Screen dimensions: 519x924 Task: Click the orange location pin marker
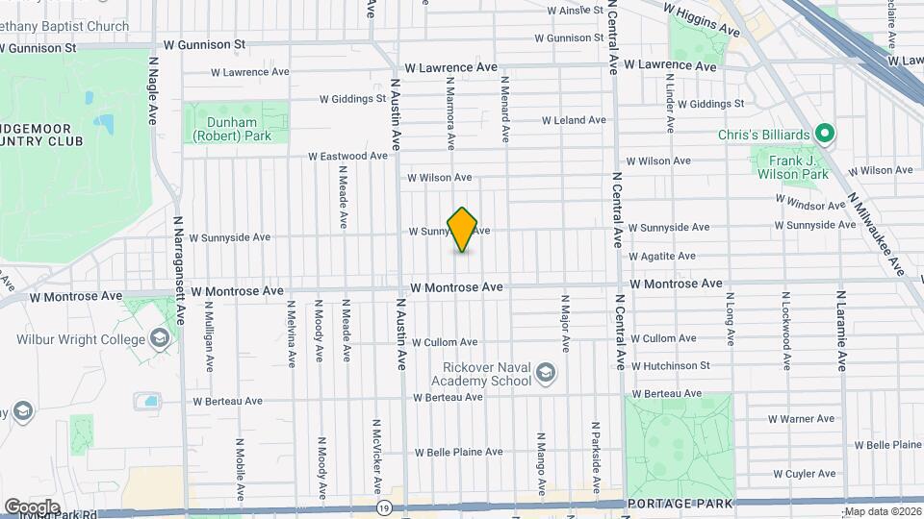462,230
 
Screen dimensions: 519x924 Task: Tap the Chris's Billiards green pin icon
824,133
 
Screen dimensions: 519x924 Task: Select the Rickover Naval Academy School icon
546,373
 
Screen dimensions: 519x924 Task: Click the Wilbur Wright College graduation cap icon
159,338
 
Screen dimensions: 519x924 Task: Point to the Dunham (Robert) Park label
232,129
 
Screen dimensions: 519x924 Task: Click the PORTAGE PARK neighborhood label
680,504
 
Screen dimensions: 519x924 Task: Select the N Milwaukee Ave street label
877,232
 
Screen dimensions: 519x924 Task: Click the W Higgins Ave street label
702,19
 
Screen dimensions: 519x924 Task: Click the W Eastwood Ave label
347,156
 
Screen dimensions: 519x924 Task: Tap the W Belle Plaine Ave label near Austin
458,452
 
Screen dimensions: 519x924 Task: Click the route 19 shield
384,507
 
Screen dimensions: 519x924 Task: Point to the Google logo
32,507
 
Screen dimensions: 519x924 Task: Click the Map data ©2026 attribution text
883,511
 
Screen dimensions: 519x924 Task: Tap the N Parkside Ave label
596,445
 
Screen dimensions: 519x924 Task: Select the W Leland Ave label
574,120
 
